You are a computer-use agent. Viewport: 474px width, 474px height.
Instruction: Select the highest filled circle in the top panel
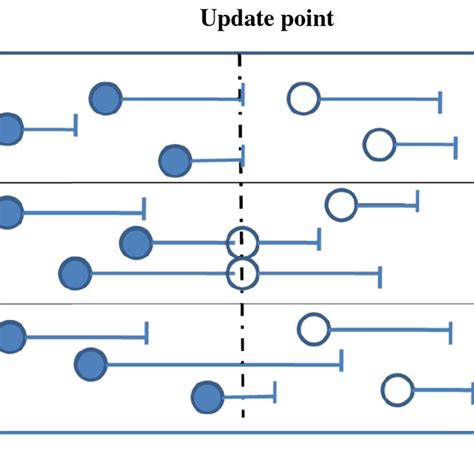[x=105, y=99]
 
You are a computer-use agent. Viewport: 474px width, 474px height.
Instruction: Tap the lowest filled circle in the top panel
[x=175, y=160]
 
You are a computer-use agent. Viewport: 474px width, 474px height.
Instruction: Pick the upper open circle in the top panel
[x=302, y=98]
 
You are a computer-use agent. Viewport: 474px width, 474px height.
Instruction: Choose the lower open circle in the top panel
[x=379, y=145]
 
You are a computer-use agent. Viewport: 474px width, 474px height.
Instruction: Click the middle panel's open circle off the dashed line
[x=341, y=205]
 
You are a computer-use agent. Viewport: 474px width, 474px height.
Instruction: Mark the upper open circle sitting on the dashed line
[x=242, y=242]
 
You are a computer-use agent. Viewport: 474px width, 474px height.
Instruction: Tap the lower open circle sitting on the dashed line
[x=242, y=272]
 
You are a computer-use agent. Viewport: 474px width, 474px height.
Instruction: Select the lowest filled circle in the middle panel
[x=74, y=273]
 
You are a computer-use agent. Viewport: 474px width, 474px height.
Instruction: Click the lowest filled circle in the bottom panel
[x=207, y=398]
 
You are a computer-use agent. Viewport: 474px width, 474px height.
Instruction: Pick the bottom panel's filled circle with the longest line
[x=91, y=364]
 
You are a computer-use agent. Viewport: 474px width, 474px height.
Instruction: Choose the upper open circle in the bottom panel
[x=314, y=328]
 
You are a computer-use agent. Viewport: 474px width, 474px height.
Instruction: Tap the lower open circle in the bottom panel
[x=397, y=390]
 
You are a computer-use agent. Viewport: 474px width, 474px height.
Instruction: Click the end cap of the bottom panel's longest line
[x=342, y=359]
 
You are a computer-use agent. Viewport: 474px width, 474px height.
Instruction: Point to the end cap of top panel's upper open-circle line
[x=440, y=99]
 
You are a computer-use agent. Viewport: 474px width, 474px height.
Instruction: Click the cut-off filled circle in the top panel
[x=8, y=130]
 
